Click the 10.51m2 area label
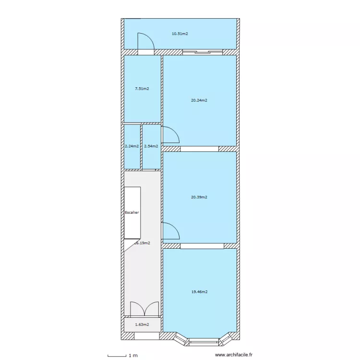[180, 34]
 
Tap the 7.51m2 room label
[142, 89]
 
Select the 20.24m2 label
[199, 100]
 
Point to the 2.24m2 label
[132, 146]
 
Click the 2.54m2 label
[151, 146]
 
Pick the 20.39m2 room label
[199, 197]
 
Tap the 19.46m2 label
[199, 291]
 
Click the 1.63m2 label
[142, 324]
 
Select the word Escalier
[132, 212]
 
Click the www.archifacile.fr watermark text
[234, 355]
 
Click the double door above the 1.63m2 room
[144, 309]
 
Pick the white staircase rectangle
[132, 213]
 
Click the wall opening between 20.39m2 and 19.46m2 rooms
[202, 246]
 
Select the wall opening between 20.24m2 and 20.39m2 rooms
[199, 149]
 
